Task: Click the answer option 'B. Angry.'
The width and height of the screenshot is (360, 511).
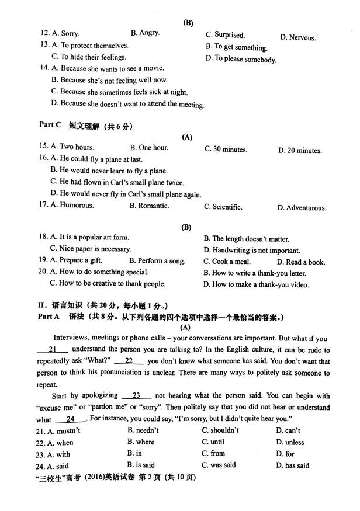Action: click(x=146, y=33)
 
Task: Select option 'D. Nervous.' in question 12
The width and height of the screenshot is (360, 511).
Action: click(x=297, y=37)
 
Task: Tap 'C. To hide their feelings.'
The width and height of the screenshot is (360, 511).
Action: click(x=89, y=57)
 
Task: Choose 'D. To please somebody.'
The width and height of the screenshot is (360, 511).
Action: click(x=241, y=59)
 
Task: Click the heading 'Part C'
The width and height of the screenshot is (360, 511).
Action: click(x=50, y=125)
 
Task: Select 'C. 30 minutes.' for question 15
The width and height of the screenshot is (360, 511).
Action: click(x=226, y=150)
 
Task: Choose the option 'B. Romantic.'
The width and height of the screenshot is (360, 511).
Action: click(x=149, y=206)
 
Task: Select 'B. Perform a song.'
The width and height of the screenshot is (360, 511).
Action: click(x=157, y=261)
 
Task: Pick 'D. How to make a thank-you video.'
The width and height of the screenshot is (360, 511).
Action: click(x=256, y=285)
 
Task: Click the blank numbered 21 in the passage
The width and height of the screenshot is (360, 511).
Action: click(x=52, y=349)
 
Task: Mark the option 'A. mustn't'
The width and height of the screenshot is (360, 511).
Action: click(x=60, y=431)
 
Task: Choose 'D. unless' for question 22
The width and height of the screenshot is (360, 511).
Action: click(x=290, y=442)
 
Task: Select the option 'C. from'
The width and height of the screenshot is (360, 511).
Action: click(x=213, y=453)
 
